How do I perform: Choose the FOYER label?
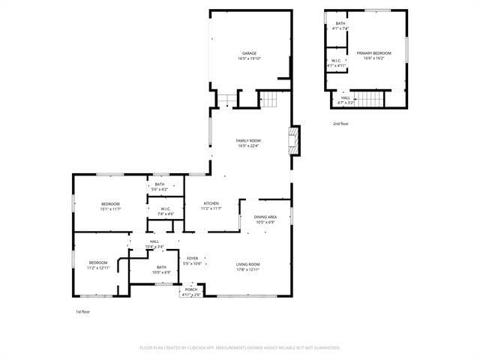click(193, 261)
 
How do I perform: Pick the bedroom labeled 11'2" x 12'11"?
click(98, 265)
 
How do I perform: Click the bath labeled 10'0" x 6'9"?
click(162, 269)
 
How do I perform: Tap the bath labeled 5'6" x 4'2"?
click(160, 187)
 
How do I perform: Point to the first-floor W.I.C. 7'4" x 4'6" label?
click(165, 211)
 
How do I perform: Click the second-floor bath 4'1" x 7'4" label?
click(340, 26)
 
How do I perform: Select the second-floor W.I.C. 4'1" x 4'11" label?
click(337, 63)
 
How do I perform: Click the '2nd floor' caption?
click(341, 124)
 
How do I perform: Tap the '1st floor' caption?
click(82, 311)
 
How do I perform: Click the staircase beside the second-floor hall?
click(369, 99)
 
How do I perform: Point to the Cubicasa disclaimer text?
click(240, 348)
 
